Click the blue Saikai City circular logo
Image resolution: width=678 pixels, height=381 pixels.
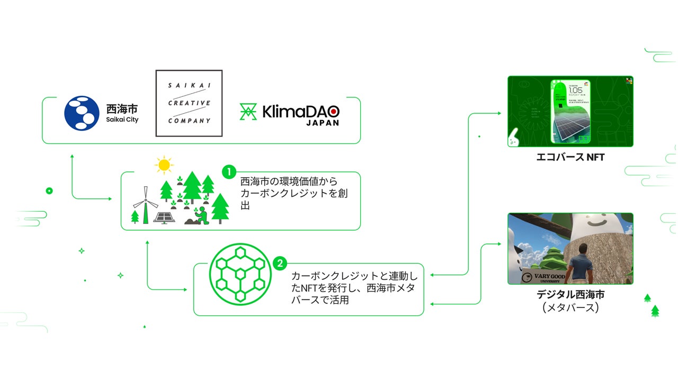pos(82,113)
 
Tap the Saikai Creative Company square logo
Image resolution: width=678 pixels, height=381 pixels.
pos(189,103)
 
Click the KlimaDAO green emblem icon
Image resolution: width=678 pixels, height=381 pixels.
pos(248,112)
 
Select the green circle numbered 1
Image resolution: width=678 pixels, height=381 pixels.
pos(229,172)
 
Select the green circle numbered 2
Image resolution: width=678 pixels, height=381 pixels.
pos(280,263)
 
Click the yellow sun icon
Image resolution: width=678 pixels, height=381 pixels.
pos(164,165)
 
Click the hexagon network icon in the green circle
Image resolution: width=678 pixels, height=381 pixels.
pos(240,274)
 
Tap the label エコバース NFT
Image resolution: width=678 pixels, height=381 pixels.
pos(570,157)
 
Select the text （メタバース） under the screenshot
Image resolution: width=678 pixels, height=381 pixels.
pos(570,308)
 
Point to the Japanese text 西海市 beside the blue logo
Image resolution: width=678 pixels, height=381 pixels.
pos(122,109)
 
